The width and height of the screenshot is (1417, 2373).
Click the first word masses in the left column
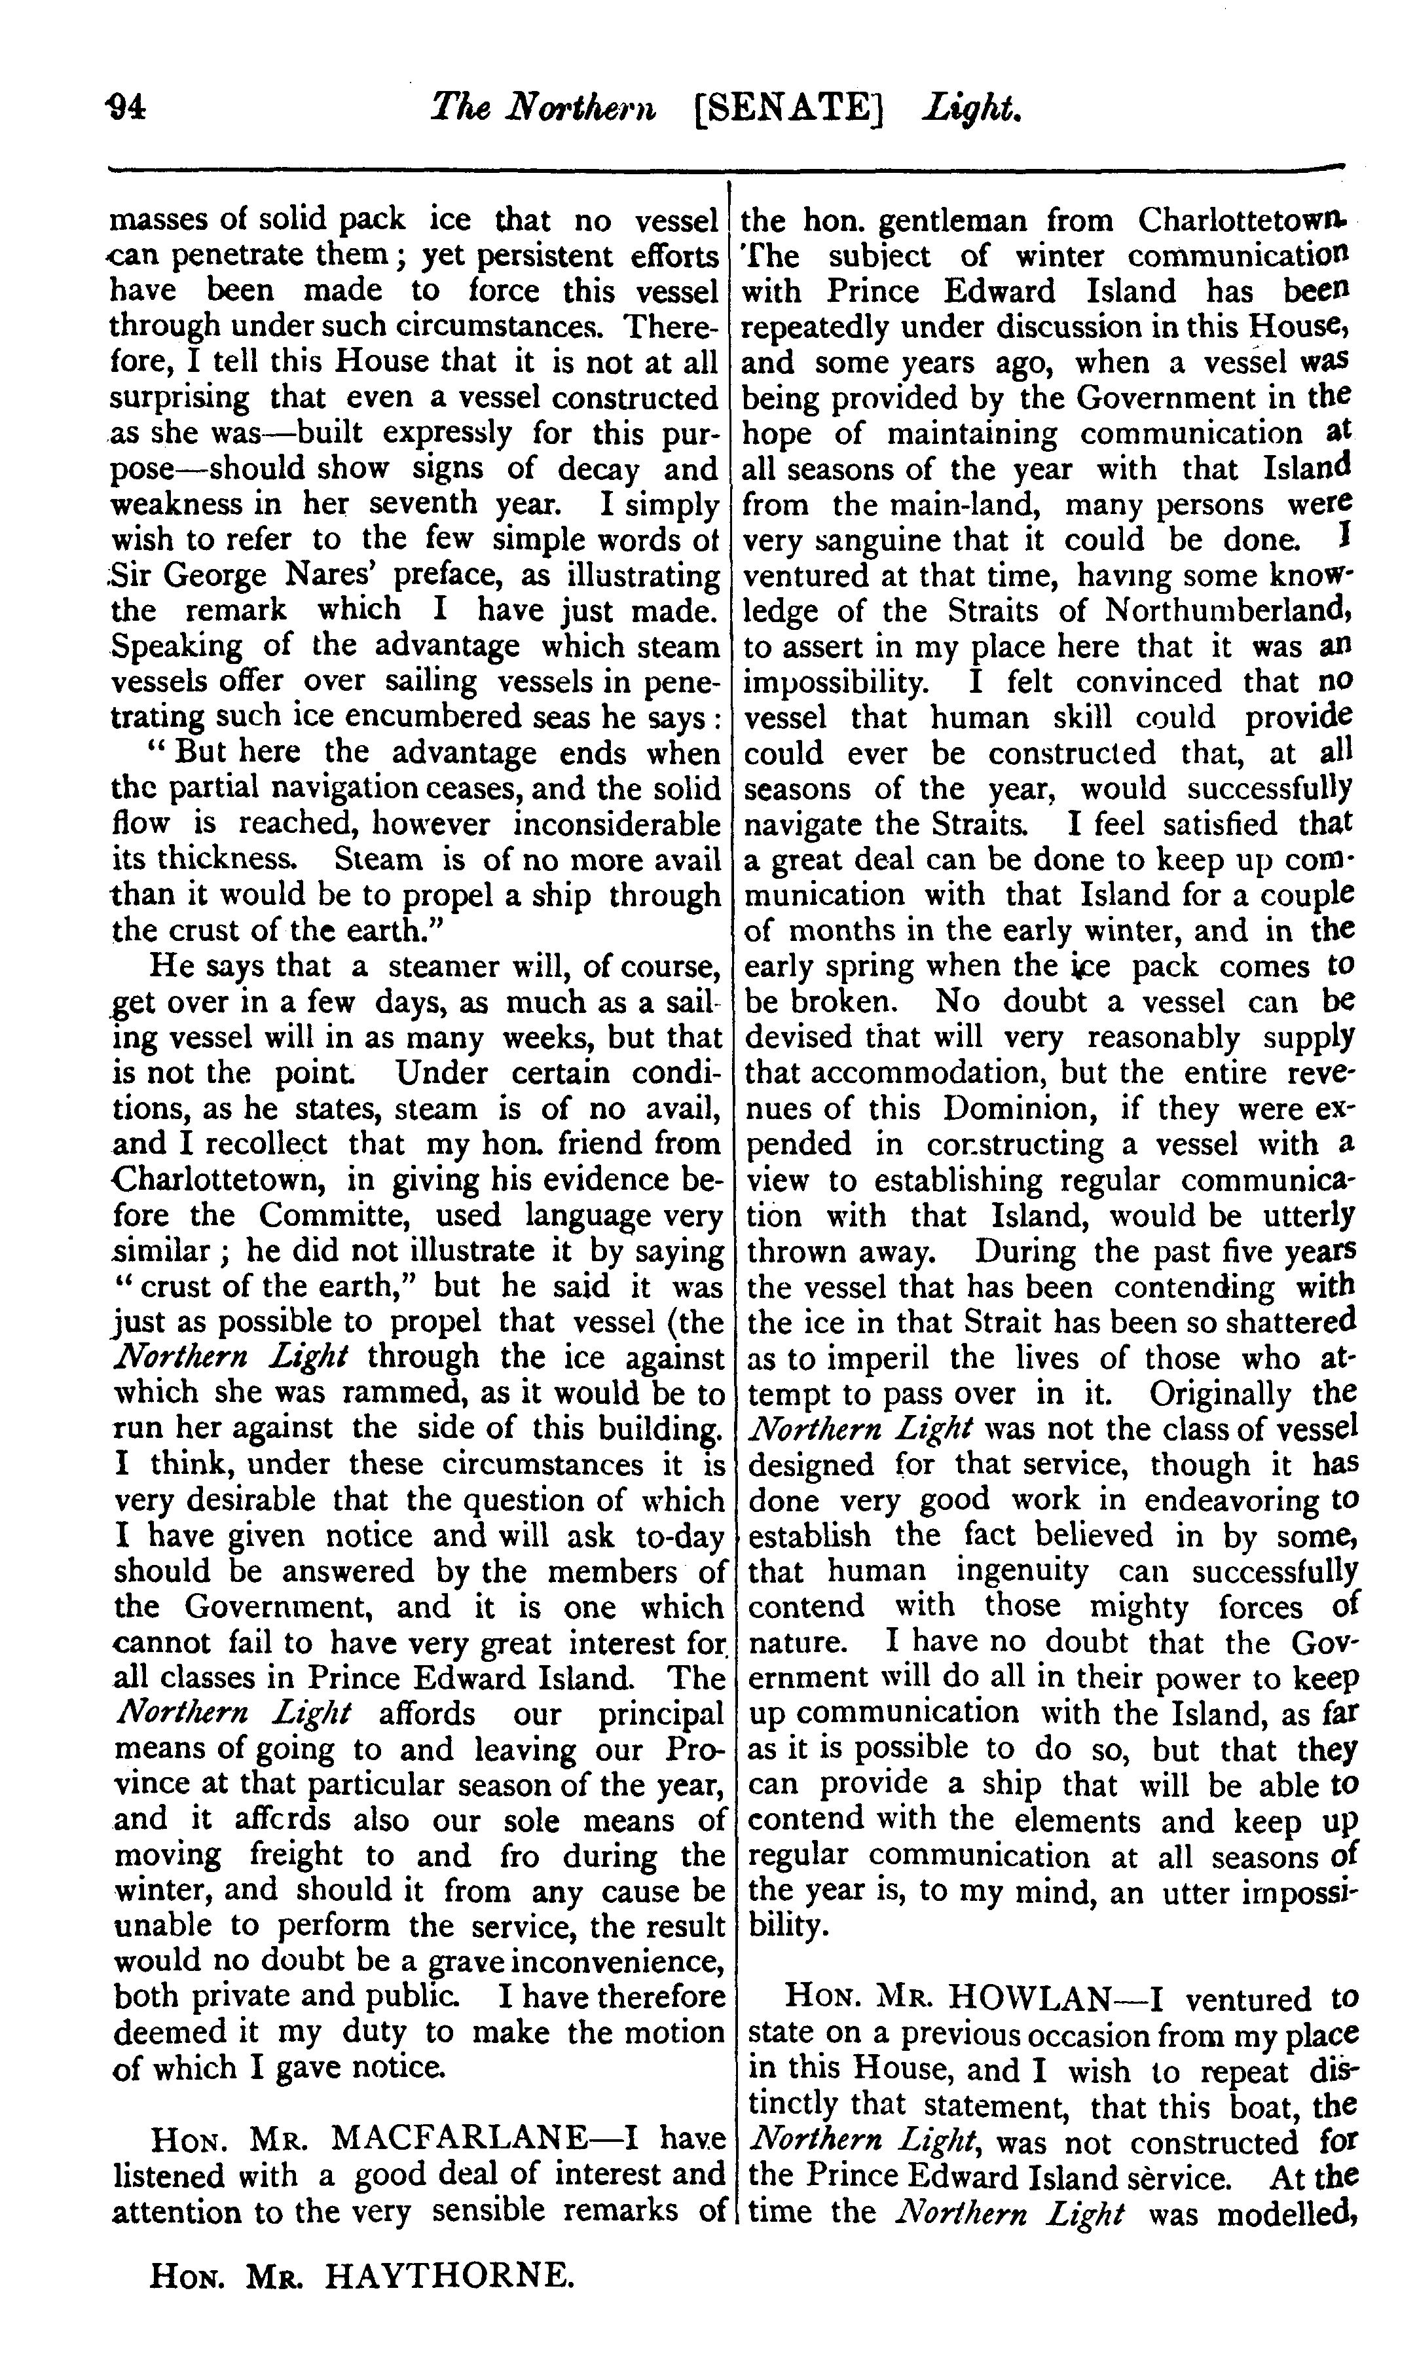156,221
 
